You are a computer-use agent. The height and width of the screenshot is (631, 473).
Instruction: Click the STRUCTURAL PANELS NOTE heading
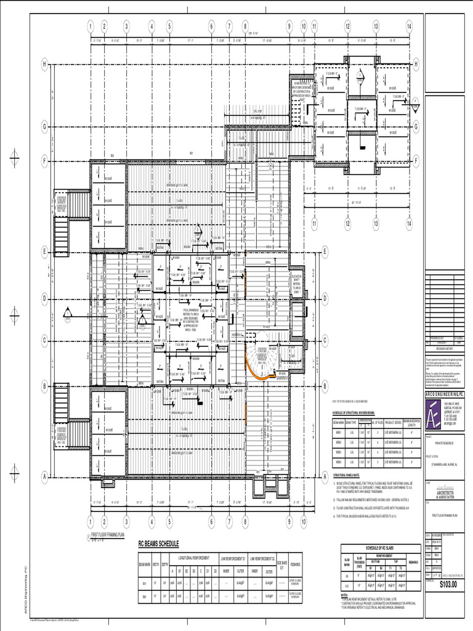352,475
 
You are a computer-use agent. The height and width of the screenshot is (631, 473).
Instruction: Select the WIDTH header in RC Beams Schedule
156,564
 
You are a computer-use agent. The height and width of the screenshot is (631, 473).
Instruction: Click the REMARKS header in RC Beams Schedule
295,564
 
